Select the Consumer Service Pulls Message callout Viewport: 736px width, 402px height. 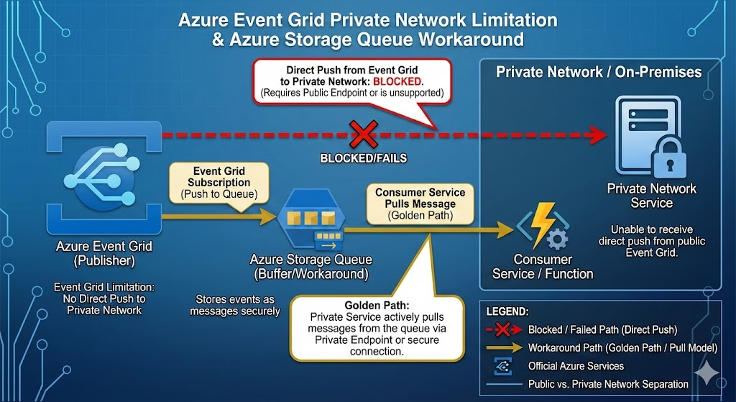click(420, 204)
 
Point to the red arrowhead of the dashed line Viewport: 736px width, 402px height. click(596, 134)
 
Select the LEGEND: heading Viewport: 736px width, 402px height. click(508, 313)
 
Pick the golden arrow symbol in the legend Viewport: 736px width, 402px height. click(504, 348)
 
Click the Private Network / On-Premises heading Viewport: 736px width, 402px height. click(599, 73)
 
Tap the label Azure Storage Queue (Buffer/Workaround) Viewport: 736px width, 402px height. click(310, 265)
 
